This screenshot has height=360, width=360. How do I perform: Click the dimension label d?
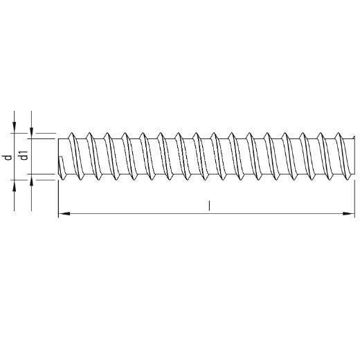[x=7, y=157]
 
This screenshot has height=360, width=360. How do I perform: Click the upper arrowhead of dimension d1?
[x=32, y=132]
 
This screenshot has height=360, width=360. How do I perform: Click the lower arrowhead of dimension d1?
[x=32, y=181]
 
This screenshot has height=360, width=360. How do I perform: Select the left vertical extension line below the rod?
[x=58, y=201]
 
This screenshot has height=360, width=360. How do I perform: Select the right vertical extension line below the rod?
[x=354, y=201]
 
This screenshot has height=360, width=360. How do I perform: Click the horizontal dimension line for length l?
[x=138, y=215]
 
